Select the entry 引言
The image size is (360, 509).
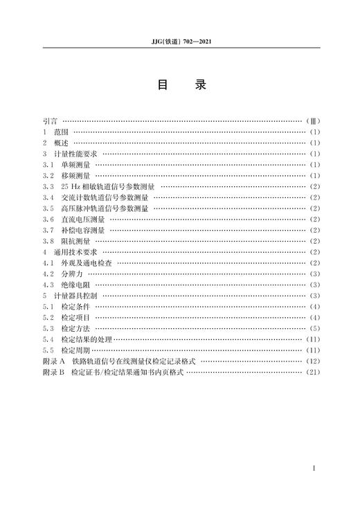click(50, 121)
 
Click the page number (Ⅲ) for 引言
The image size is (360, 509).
click(312, 121)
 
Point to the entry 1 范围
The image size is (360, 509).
click(57, 132)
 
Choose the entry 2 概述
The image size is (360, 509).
click(57, 143)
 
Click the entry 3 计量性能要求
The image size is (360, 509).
click(71, 154)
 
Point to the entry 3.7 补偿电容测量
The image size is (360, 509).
click(73, 230)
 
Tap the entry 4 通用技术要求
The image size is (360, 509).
click(71, 252)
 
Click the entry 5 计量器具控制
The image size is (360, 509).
click(71, 296)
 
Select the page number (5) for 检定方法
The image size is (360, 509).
click(314, 328)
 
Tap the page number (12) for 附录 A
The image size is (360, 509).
click(312, 361)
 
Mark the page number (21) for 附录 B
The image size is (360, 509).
click(312, 372)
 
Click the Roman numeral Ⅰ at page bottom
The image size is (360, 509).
click(315, 469)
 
